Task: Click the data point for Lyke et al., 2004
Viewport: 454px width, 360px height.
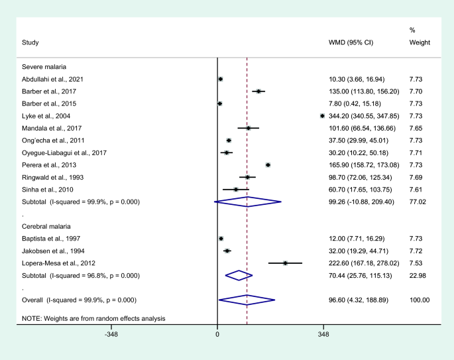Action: (x=322, y=115)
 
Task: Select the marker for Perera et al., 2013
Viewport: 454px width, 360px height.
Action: (x=268, y=164)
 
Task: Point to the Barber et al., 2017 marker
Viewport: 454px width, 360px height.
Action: (x=258, y=91)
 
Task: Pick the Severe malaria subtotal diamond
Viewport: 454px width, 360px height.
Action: (x=247, y=202)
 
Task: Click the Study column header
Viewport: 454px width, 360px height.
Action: (x=29, y=43)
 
